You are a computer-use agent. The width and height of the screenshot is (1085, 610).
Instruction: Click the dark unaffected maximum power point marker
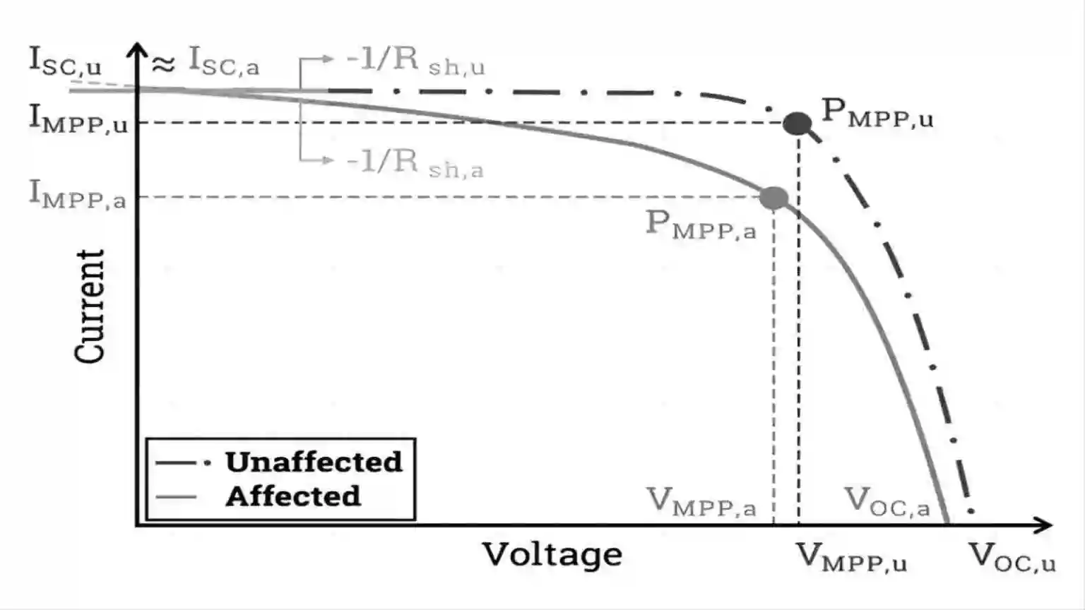798,124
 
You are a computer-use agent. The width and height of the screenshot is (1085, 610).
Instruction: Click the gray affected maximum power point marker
773,198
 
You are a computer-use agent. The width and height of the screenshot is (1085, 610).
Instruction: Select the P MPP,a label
701,226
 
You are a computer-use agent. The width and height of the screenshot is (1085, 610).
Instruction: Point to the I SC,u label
66,61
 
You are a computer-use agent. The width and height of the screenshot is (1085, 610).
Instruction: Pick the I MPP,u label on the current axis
78,119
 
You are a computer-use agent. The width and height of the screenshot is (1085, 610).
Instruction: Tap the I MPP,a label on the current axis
78,194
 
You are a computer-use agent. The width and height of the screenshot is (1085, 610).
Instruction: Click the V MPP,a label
701,501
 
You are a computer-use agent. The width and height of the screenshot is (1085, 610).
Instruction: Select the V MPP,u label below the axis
851,558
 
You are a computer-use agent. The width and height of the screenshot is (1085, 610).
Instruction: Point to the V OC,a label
887,501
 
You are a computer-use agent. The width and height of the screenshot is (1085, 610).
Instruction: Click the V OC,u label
1012,558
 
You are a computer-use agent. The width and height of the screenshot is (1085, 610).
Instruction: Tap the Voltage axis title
552,555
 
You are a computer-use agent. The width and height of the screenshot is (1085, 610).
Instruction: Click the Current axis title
90,306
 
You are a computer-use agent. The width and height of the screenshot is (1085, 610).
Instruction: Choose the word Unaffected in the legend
314,462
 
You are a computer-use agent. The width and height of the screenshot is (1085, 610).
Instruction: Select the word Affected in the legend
293,497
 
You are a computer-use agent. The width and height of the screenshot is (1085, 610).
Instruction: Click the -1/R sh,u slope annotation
415,61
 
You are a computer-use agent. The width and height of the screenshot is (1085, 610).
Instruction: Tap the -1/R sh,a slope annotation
415,163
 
